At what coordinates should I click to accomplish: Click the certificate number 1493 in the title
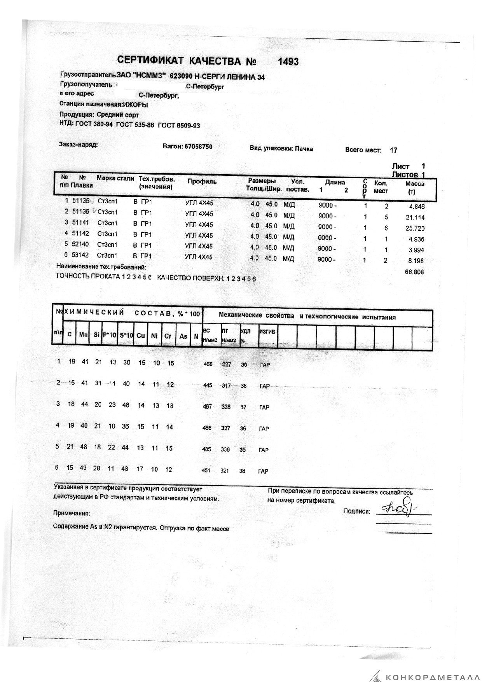click(x=288, y=61)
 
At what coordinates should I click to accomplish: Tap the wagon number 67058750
click(x=198, y=147)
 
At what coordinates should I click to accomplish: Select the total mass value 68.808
click(x=414, y=272)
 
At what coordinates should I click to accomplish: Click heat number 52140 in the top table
click(x=80, y=245)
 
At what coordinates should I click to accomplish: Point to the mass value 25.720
click(x=415, y=228)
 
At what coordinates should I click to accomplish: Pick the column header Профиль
click(x=202, y=182)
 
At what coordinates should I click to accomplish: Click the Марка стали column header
click(x=115, y=178)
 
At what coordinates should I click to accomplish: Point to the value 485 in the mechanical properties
click(x=207, y=449)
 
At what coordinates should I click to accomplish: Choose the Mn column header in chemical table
click(x=83, y=335)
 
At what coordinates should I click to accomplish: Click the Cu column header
click(x=141, y=335)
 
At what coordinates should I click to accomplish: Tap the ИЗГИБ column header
click(x=267, y=332)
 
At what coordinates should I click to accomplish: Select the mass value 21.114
click(x=415, y=217)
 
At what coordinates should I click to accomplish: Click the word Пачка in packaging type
click(x=304, y=149)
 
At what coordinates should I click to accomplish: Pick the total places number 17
click(x=393, y=150)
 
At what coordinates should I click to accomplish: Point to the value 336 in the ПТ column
click(x=225, y=449)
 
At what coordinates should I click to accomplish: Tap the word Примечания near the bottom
click(x=72, y=513)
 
